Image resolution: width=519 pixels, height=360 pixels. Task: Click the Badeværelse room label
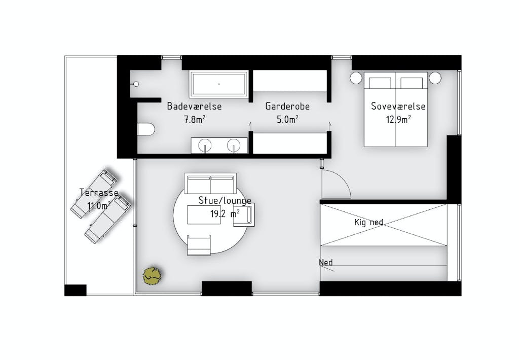194,106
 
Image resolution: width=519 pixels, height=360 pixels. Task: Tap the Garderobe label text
287,106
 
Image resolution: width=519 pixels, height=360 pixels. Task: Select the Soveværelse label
398,106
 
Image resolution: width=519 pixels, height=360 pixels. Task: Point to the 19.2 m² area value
225,214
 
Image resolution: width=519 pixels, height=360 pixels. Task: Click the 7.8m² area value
195,119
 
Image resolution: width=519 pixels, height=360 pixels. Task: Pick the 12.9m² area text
398,119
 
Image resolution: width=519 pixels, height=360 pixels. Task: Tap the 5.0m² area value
287,119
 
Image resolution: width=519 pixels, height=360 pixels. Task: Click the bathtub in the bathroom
219,84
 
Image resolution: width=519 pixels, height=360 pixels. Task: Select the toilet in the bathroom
146,129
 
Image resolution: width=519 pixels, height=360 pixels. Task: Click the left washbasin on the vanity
205,145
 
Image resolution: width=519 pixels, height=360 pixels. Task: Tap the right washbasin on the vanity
234,145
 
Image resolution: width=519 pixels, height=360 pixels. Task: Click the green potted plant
152,275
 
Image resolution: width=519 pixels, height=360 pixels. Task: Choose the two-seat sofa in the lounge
210,183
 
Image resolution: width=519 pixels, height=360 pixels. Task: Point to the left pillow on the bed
380,83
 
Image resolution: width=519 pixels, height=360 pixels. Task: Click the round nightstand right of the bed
435,78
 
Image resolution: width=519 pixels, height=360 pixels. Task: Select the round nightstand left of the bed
356,78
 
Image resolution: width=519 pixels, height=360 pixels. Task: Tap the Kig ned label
369,222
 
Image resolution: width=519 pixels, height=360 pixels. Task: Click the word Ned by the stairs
326,263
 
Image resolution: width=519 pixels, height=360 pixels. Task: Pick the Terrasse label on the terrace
99,193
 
